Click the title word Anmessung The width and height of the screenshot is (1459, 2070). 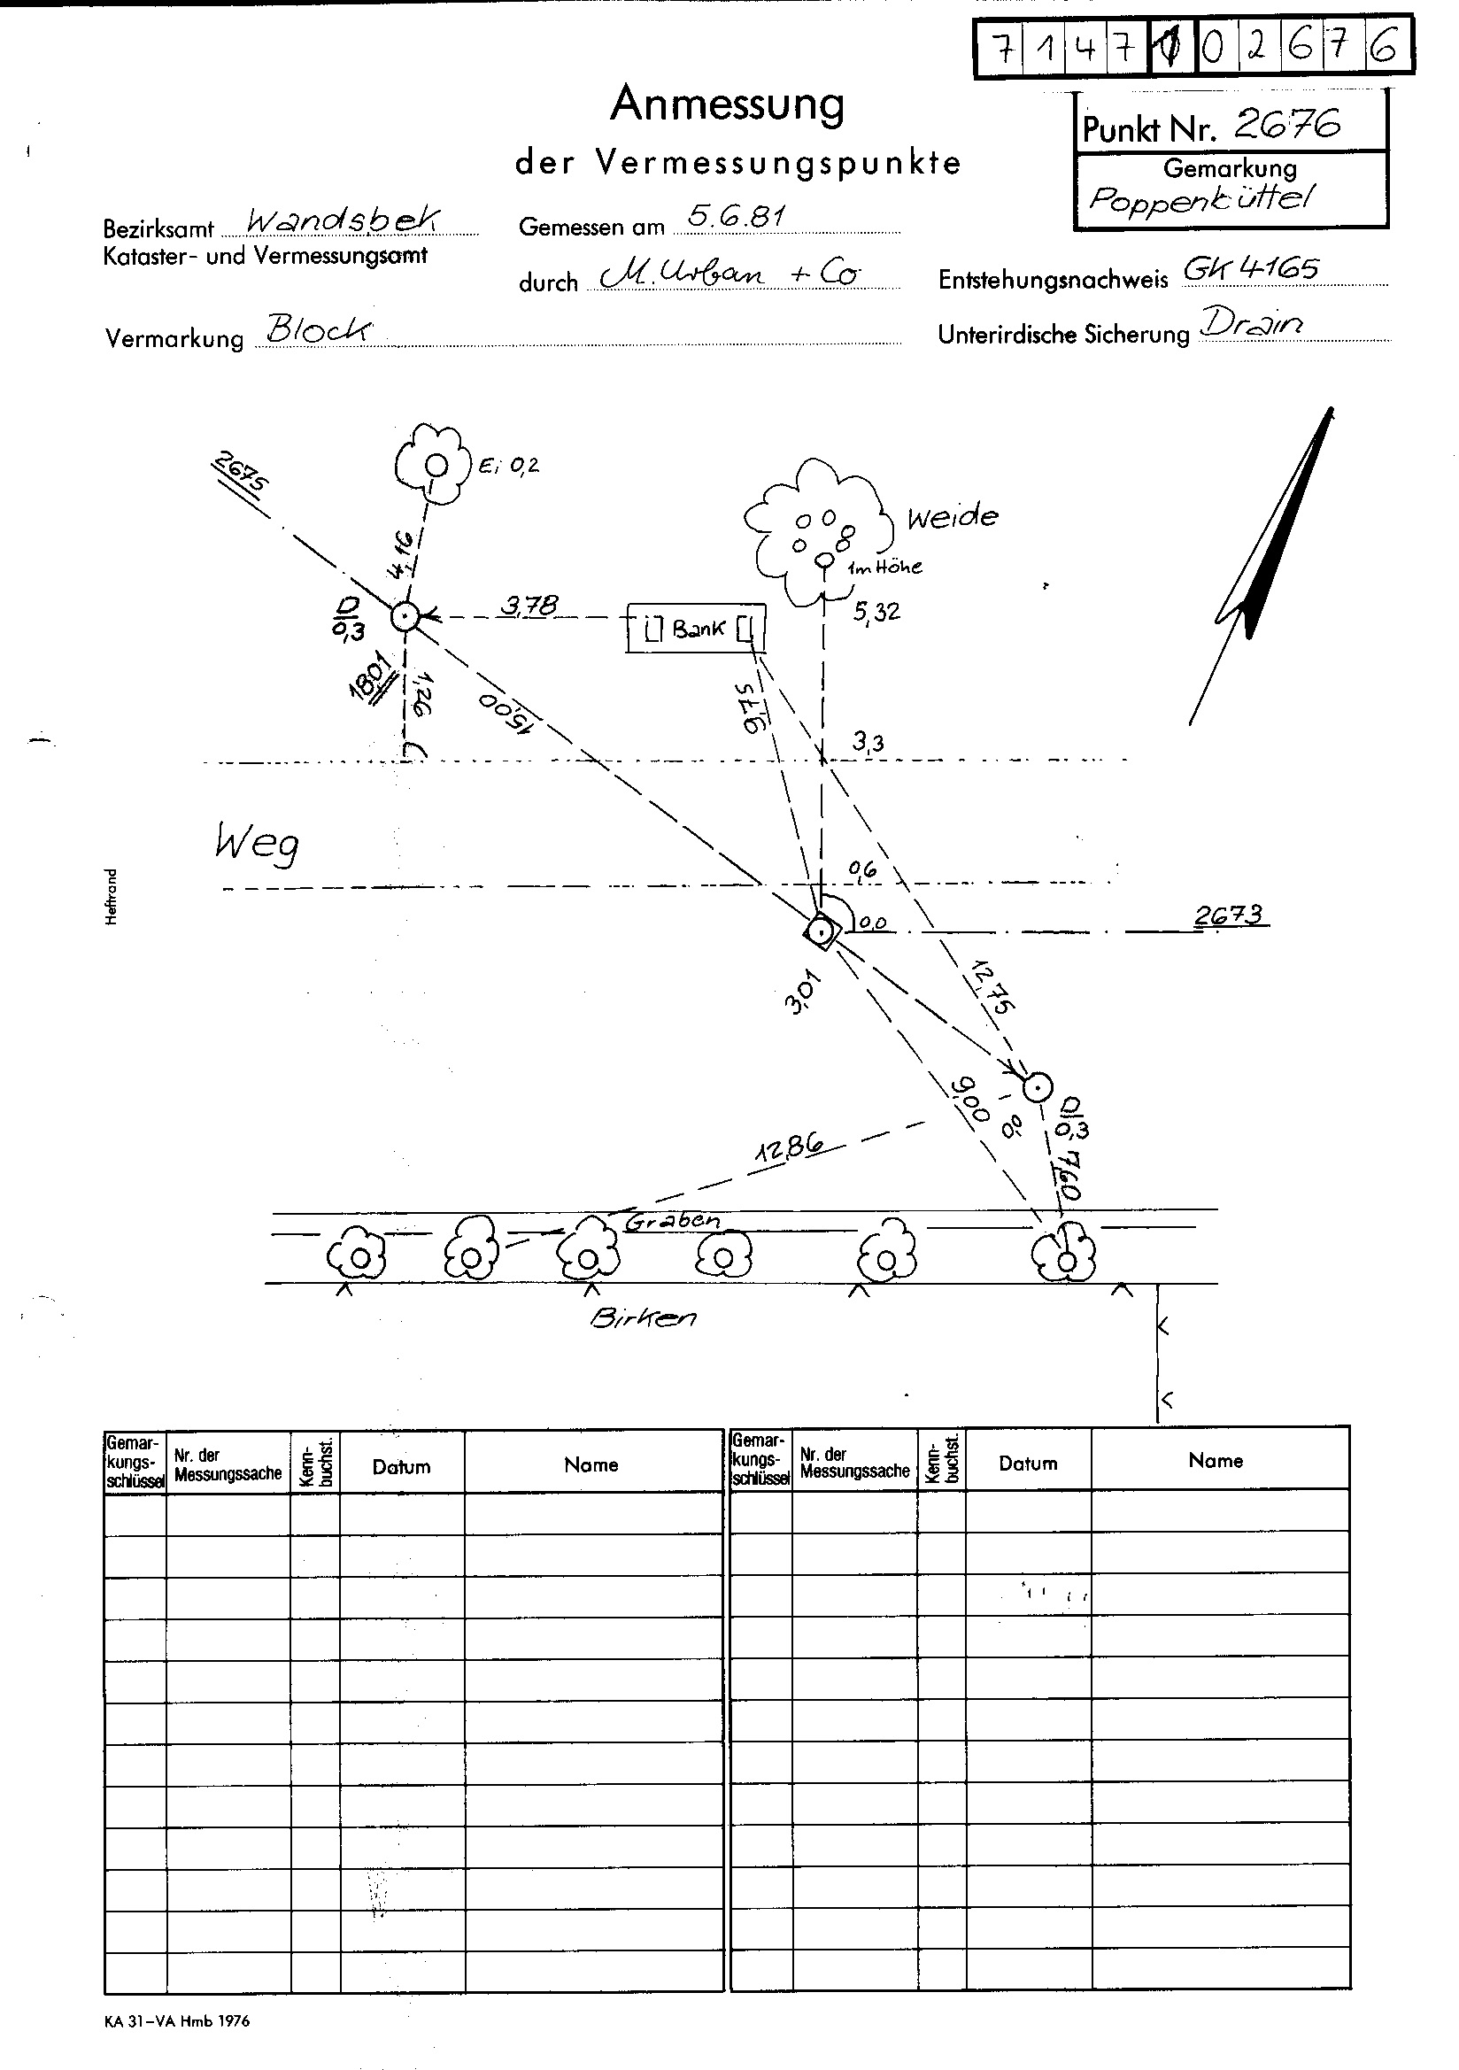[728, 104]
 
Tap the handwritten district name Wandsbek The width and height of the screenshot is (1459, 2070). [344, 219]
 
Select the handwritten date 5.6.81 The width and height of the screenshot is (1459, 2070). [736, 215]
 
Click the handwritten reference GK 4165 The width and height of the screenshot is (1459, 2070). [1251, 267]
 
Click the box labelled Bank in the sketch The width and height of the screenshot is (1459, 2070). [696, 628]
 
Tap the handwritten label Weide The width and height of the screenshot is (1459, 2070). [953, 517]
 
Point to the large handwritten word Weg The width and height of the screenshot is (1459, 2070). [257, 844]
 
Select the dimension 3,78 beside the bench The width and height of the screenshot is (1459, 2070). [529, 605]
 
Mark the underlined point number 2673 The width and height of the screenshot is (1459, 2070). [1230, 916]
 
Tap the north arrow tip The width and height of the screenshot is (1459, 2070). [1331, 411]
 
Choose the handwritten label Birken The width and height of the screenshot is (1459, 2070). [643, 1317]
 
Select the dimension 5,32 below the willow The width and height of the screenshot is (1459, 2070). [876, 611]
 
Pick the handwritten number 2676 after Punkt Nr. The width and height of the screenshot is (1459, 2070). [1286, 125]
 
